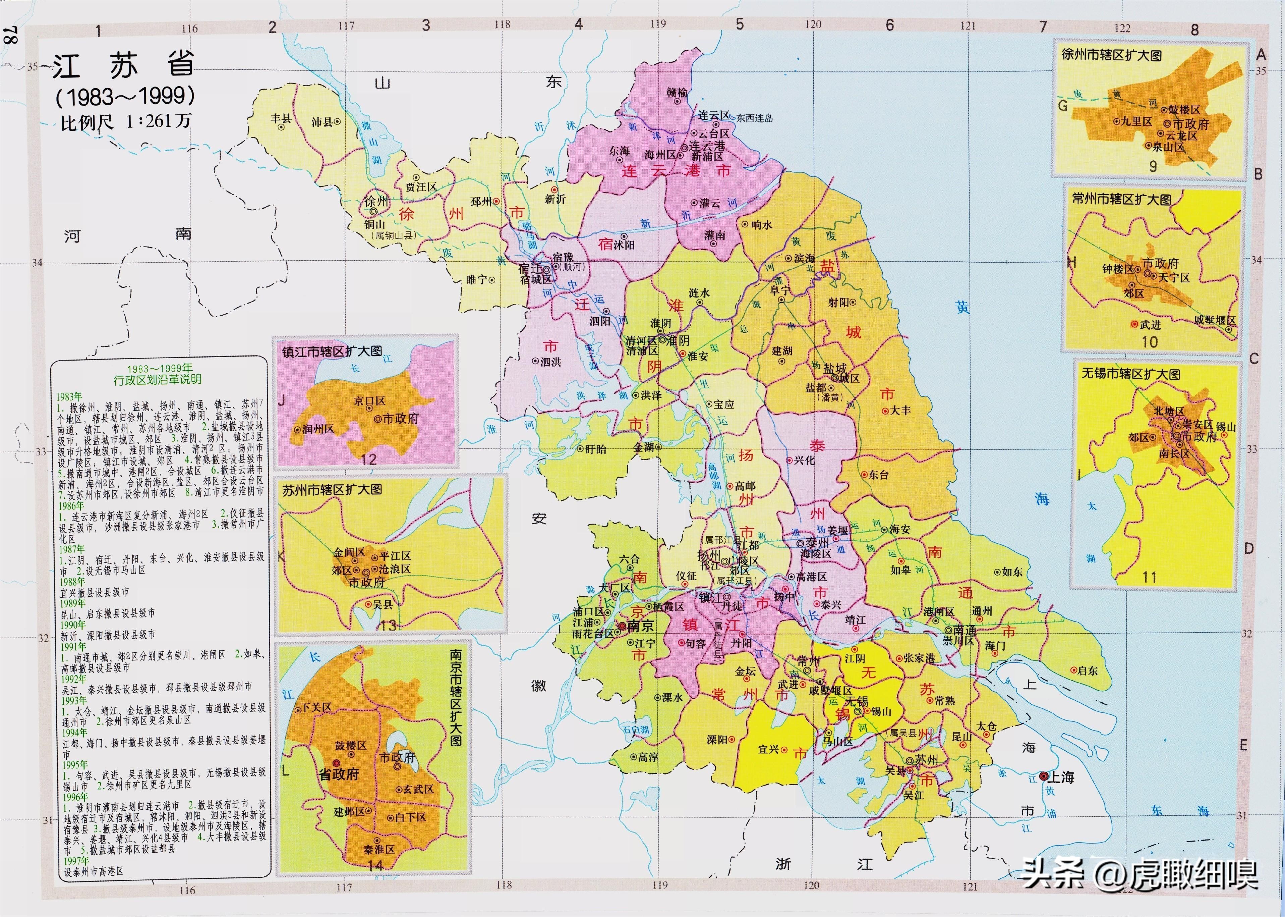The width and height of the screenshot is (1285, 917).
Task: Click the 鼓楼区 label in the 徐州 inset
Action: coord(1184,110)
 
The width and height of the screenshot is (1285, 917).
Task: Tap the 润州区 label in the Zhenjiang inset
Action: coord(318,429)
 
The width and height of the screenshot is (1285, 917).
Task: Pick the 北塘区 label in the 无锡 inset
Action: coord(1169,411)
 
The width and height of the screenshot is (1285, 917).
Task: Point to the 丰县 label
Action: coord(281,118)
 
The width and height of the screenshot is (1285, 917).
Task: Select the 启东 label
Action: coord(1088,671)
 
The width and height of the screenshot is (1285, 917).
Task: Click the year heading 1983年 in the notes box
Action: coord(69,396)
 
